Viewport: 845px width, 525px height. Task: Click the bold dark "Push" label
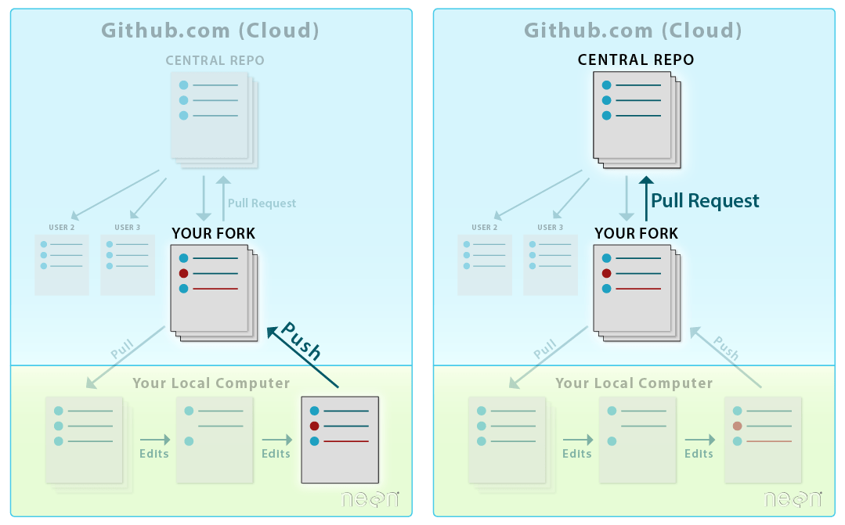click(x=302, y=341)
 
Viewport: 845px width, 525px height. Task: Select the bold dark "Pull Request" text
click(x=705, y=201)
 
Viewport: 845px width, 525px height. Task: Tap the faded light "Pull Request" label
click(x=262, y=203)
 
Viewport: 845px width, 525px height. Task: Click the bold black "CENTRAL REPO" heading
click(x=636, y=59)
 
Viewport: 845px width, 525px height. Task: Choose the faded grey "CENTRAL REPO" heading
click(x=215, y=60)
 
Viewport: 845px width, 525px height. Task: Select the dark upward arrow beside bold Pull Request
click(x=645, y=200)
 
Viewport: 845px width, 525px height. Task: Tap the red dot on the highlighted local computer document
click(x=315, y=426)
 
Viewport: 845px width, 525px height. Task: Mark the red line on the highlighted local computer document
click(x=345, y=442)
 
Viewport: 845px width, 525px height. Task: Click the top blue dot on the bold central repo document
click(x=606, y=85)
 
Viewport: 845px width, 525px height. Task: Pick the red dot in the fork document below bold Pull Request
click(x=606, y=273)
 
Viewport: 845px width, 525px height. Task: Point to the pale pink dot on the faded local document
click(x=738, y=426)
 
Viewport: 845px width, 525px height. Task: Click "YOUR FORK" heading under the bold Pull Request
click(x=636, y=233)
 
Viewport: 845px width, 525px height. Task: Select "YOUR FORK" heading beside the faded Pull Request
click(x=213, y=233)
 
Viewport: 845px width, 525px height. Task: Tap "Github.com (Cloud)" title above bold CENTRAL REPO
click(x=633, y=31)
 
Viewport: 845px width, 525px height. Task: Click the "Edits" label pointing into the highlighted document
click(x=276, y=454)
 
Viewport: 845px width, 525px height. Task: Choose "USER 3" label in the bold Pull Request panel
click(x=550, y=228)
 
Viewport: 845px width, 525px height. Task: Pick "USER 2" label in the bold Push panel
click(x=61, y=228)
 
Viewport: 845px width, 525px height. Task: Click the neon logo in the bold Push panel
click(x=370, y=498)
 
